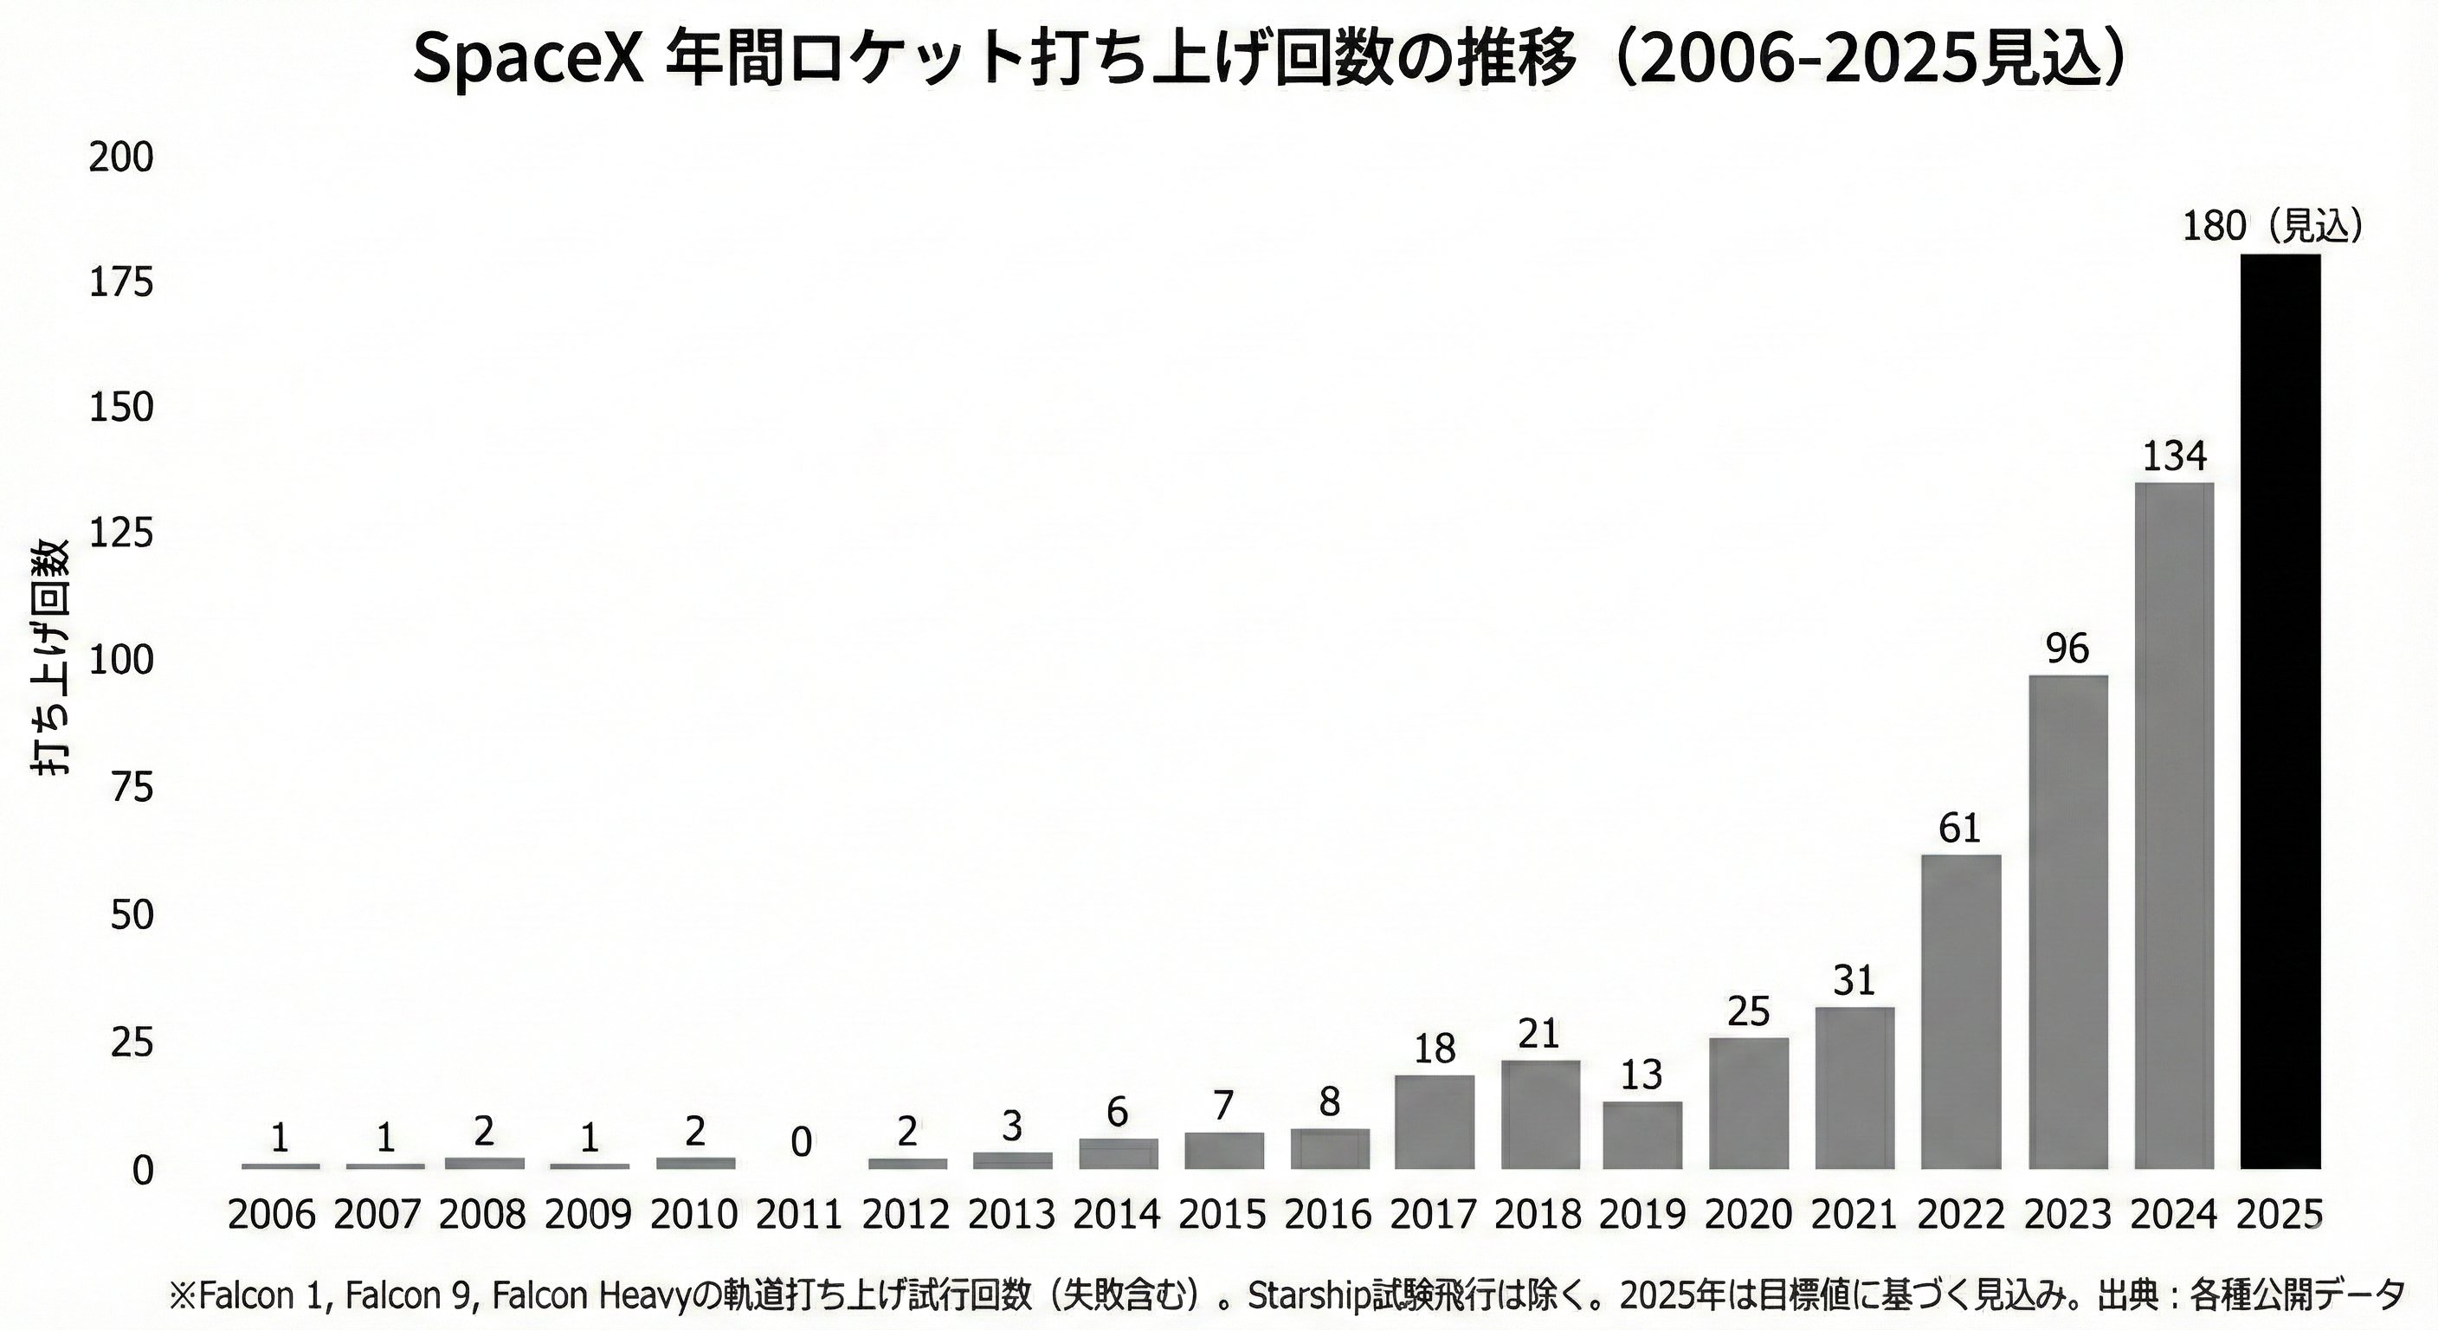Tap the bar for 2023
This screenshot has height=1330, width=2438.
point(2068,922)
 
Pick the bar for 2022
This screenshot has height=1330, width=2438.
point(1961,1011)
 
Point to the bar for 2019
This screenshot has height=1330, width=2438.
point(1642,1134)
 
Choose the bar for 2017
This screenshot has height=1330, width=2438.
point(1435,1121)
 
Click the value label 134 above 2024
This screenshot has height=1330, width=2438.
point(2174,456)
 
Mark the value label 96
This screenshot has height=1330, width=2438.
point(2067,649)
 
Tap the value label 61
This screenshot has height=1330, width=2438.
point(1960,829)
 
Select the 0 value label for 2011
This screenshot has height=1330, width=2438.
point(801,1143)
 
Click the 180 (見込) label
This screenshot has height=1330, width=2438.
point(2272,226)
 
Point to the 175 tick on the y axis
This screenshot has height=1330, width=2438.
point(121,282)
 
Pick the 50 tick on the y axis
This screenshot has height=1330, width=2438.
point(132,915)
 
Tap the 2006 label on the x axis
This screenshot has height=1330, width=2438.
point(272,1215)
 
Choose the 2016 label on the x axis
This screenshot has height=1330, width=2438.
point(1329,1215)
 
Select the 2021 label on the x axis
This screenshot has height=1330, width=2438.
point(1854,1215)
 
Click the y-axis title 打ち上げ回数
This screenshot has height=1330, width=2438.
point(51,658)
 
